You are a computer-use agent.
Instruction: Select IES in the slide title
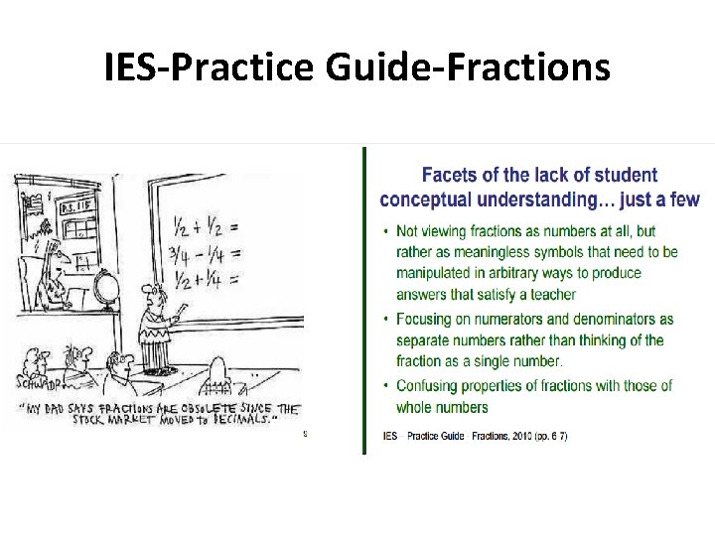click(x=135, y=67)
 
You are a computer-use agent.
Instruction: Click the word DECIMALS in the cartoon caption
click(x=239, y=421)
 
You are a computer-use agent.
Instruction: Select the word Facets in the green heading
click(x=448, y=176)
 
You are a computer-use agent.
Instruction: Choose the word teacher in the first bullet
click(x=552, y=294)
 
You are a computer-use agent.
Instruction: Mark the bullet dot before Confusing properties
click(x=385, y=385)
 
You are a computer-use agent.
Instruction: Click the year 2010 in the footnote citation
click(x=525, y=436)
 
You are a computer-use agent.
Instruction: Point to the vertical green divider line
click(x=364, y=298)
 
